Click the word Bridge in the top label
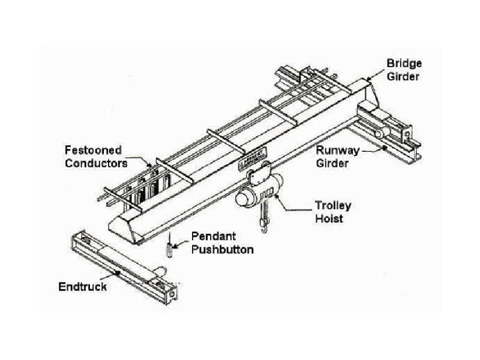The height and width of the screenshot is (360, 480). point(403,63)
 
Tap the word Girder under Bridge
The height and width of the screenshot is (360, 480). point(403,77)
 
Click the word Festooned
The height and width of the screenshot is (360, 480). point(93,150)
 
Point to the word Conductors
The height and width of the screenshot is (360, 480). point(96,163)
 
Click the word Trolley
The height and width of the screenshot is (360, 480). point(333,205)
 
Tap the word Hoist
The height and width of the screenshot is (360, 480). point(329,218)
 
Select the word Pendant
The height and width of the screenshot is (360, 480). point(211,236)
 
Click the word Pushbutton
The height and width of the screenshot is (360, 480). point(222,249)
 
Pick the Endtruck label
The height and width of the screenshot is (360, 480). point(82,286)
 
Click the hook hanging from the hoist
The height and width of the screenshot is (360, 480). point(263,226)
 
